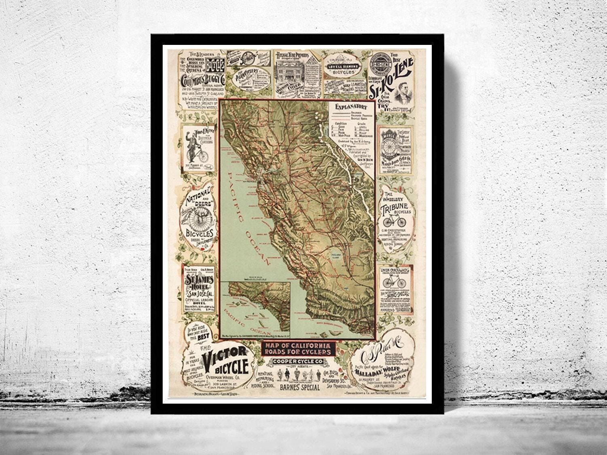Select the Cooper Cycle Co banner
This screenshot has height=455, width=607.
click(x=297, y=361)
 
